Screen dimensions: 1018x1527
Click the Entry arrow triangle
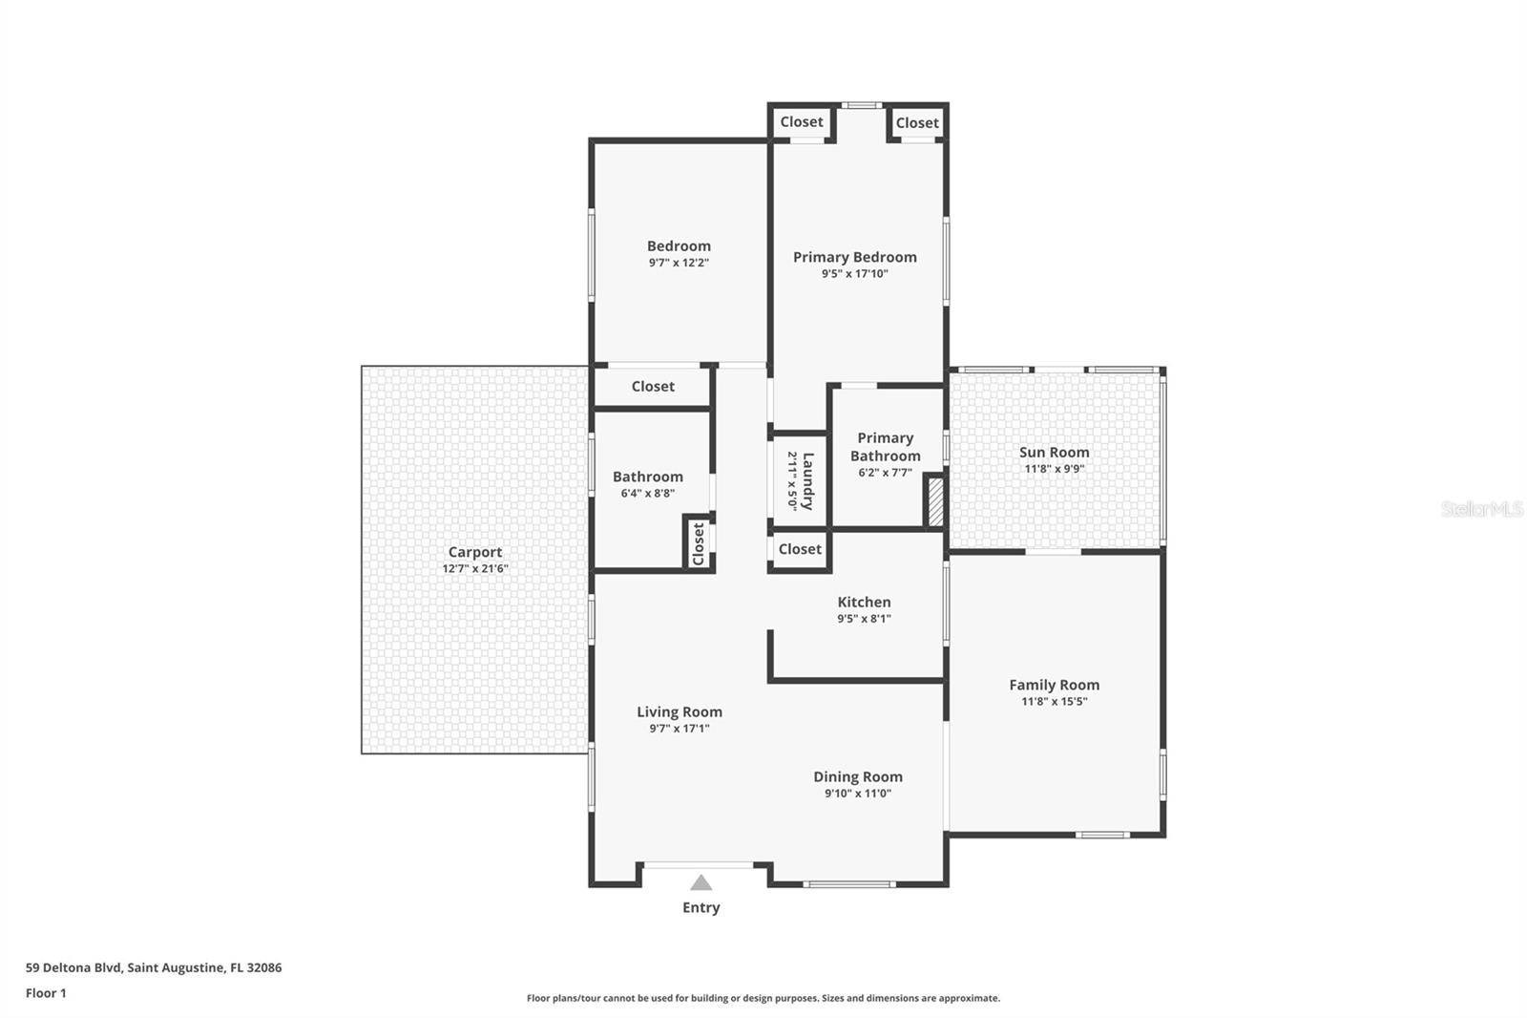701,883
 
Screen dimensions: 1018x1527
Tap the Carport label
475,552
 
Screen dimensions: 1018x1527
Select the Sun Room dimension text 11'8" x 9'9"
1054,469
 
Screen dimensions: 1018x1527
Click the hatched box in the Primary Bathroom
935,501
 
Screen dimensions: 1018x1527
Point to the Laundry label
808,480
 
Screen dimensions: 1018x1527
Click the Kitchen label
864,602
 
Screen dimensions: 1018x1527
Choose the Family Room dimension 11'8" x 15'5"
1054,701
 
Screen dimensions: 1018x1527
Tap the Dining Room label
857,776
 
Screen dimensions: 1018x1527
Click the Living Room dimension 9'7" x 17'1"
679,729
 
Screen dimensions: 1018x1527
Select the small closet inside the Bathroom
698,543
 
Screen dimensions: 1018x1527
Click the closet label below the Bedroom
653,386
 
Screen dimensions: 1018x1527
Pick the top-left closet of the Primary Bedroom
801,122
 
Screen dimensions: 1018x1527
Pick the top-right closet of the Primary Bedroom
917,123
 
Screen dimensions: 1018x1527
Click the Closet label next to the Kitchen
800,549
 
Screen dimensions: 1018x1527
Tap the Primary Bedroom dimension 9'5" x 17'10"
854,274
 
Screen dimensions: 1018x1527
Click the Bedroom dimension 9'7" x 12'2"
679,263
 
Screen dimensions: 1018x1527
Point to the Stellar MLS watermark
1481,509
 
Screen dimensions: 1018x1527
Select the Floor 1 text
46,993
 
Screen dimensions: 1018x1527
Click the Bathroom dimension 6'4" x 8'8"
647,494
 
